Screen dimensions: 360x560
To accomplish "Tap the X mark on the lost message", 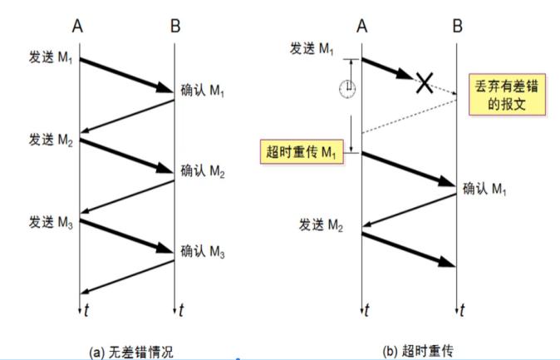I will tap(425, 81).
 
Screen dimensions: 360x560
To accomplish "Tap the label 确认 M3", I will tap(204, 251).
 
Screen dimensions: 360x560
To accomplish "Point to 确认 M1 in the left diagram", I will tap(204, 89).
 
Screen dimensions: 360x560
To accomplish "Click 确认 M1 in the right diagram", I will tap(485, 189).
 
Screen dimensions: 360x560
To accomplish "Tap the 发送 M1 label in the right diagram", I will tap(312, 49).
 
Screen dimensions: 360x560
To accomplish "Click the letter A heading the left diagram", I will tap(79, 27).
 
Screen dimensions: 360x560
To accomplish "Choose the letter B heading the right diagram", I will tap(457, 27).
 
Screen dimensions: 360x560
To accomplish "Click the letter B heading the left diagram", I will tap(174, 27).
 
